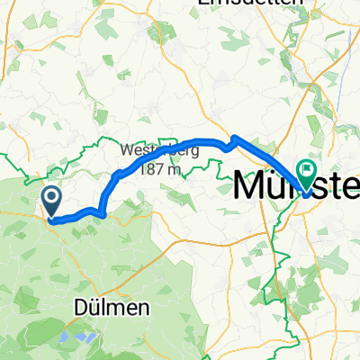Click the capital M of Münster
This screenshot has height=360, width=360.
(252, 186)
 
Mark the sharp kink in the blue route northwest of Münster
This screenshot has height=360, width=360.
(233, 138)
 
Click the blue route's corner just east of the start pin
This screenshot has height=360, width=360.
(106, 214)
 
